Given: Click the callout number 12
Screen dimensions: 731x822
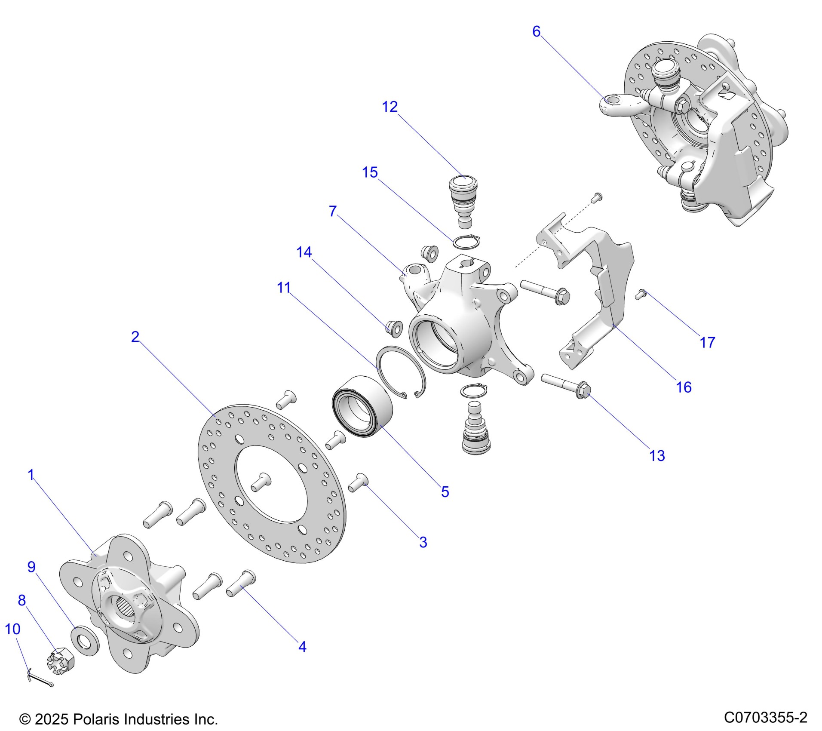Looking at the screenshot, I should click(x=390, y=107).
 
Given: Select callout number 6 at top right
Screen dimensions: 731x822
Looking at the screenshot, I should click(x=536, y=31).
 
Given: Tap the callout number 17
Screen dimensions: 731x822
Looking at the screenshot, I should click(x=707, y=342).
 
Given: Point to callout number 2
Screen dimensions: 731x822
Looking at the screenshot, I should click(x=135, y=337).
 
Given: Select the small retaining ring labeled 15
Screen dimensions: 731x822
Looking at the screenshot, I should click(x=466, y=242).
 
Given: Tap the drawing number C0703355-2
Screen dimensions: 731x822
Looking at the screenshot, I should click(x=765, y=717).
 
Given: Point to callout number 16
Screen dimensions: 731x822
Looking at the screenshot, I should click(x=684, y=387).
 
